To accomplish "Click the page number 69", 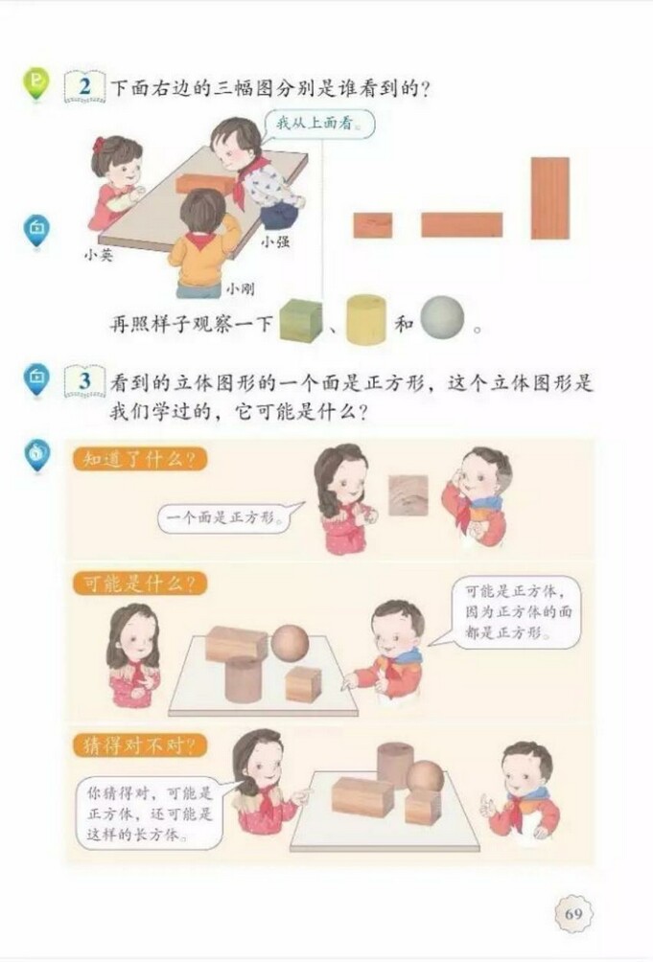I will [573, 913].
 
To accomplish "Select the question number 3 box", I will [85, 382].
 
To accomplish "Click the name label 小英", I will [98, 255].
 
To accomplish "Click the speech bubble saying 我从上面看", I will [312, 124].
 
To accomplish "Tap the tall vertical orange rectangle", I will [549, 197].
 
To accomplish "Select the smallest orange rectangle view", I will [372, 225].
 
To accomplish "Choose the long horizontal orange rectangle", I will [461, 225].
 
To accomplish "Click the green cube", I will [300, 320].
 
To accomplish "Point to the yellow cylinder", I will [365, 318].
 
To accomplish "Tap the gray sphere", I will [441, 317].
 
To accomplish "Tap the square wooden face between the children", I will [408, 494].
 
